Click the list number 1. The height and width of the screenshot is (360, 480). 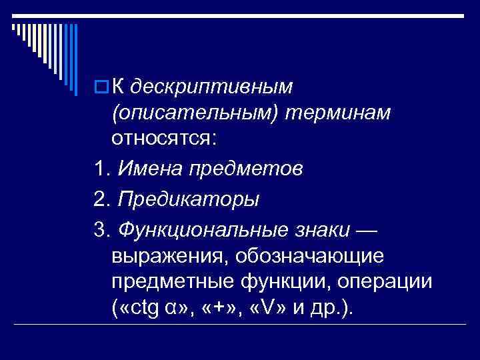pos(102,169)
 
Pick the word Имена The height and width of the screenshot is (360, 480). pos(149,169)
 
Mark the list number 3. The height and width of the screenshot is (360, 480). pos(102,229)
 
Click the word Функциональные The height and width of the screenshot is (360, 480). pos(199,229)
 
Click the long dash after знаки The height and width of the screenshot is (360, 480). pos(367,229)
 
